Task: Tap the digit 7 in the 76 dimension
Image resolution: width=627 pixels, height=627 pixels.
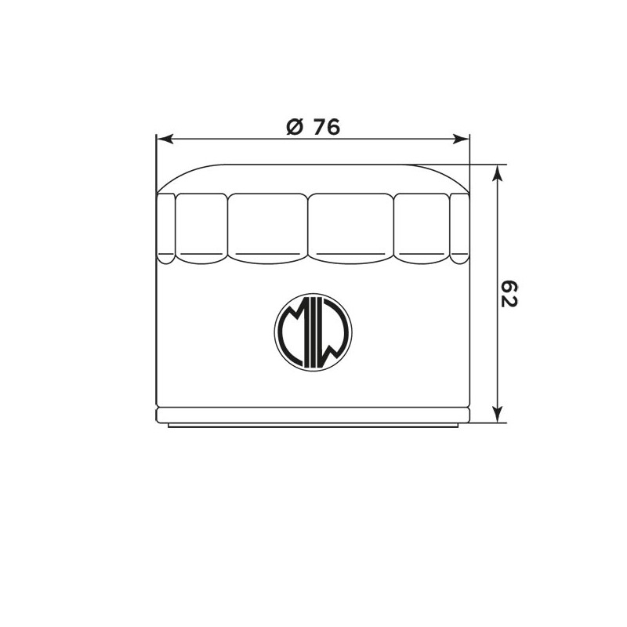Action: pyautogui.click(x=319, y=127)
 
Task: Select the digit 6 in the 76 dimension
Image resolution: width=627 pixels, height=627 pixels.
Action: pyautogui.click(x=332, y=127)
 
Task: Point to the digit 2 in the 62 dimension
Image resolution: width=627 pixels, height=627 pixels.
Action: pyautogui.click(x=510, y=301)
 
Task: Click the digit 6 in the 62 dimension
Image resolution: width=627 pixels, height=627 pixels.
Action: pyautogui.click(x=510, y=286)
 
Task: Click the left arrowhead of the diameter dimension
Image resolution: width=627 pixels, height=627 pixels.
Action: pyautogui.click(x=164, y=139)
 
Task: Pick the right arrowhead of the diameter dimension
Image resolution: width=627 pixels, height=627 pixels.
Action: pyautogui.click(x=460, y=139)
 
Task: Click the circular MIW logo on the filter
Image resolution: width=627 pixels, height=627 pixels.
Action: pyautogui.click(x=313, y=332)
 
